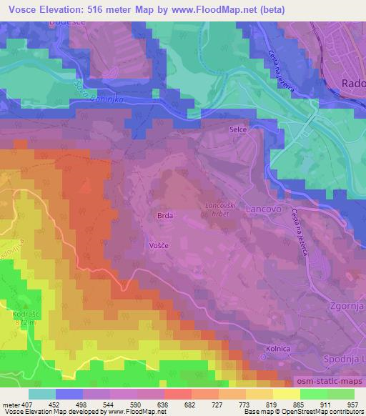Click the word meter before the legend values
click(x=10, y=404)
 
